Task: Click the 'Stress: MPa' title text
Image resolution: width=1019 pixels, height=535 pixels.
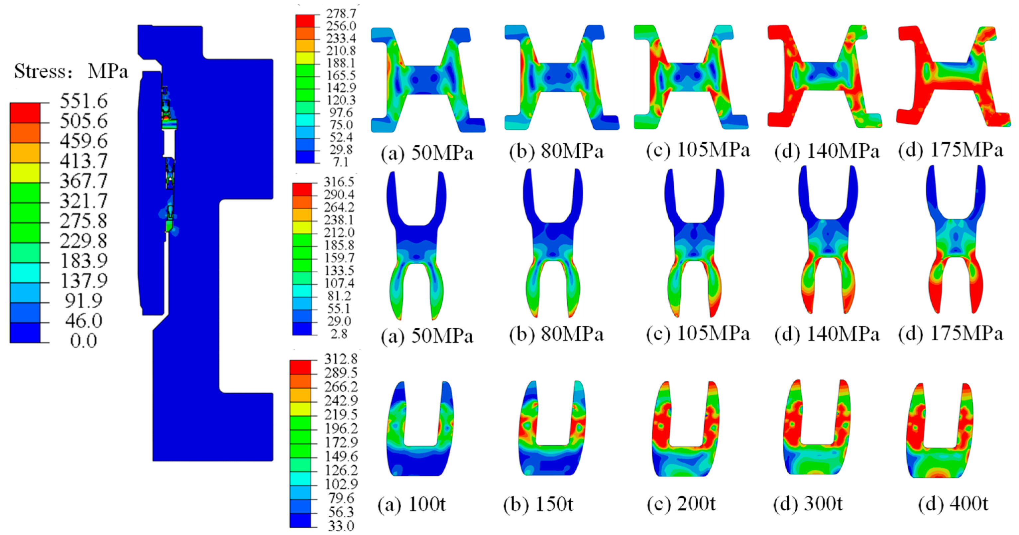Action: [x=71, y=71]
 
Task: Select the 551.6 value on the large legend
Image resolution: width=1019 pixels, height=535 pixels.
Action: [x=83, y=101]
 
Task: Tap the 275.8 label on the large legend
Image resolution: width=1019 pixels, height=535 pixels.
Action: [x=83, y=221]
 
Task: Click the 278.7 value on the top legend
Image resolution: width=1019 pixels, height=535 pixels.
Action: [x=341, y=13]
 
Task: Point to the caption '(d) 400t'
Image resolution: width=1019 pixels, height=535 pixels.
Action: [x=953, y=504]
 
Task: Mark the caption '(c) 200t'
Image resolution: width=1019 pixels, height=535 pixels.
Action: [x=681, y=504]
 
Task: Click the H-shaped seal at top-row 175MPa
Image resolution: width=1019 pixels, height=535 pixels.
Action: [x=953, y=77]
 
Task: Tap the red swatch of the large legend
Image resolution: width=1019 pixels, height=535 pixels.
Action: [x=25, y=113]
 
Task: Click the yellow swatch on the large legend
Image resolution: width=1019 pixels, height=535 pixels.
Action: [x=25, y=173]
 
